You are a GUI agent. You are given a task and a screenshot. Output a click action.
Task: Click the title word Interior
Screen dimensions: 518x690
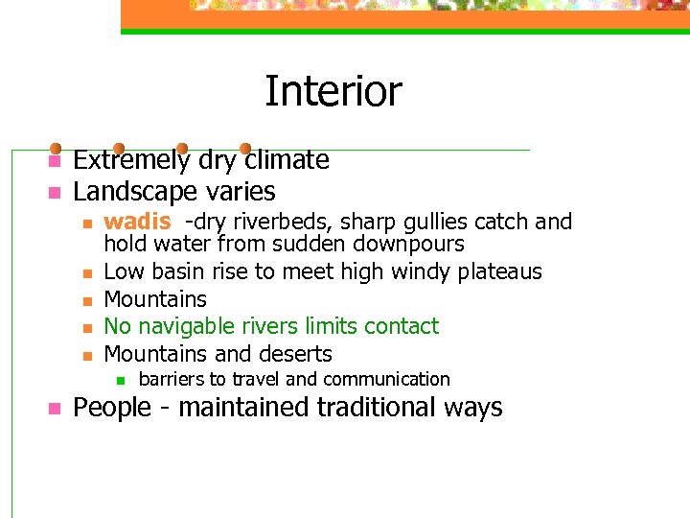pos(333,92)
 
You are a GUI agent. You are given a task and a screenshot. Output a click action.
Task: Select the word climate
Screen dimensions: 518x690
pos(285,160)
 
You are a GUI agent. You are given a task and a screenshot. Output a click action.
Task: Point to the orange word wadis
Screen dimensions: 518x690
pos(137,222)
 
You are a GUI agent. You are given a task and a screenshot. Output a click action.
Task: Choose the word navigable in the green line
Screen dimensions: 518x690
pos(191,327)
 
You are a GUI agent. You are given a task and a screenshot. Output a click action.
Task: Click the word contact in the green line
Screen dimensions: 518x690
pos(402,326)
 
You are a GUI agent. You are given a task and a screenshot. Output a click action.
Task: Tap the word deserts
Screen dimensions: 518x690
pos(291,353)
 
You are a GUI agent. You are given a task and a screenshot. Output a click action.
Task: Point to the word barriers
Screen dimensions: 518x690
pos(172,379)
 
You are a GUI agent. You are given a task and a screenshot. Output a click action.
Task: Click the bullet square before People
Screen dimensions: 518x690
pos(55,408)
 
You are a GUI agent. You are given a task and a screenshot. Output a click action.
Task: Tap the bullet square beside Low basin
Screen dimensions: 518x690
pos(86,273)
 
